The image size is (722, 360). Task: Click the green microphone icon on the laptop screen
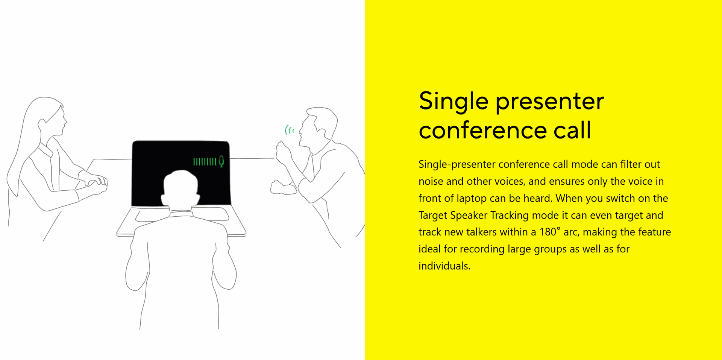pos(221,161)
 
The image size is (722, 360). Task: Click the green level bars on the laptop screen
pos(205,162)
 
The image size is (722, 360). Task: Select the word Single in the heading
pos(454,102)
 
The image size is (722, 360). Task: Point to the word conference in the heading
pos(482,131)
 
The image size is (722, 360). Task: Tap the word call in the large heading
pos(572,130)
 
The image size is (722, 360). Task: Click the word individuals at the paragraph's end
pos(444,266)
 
